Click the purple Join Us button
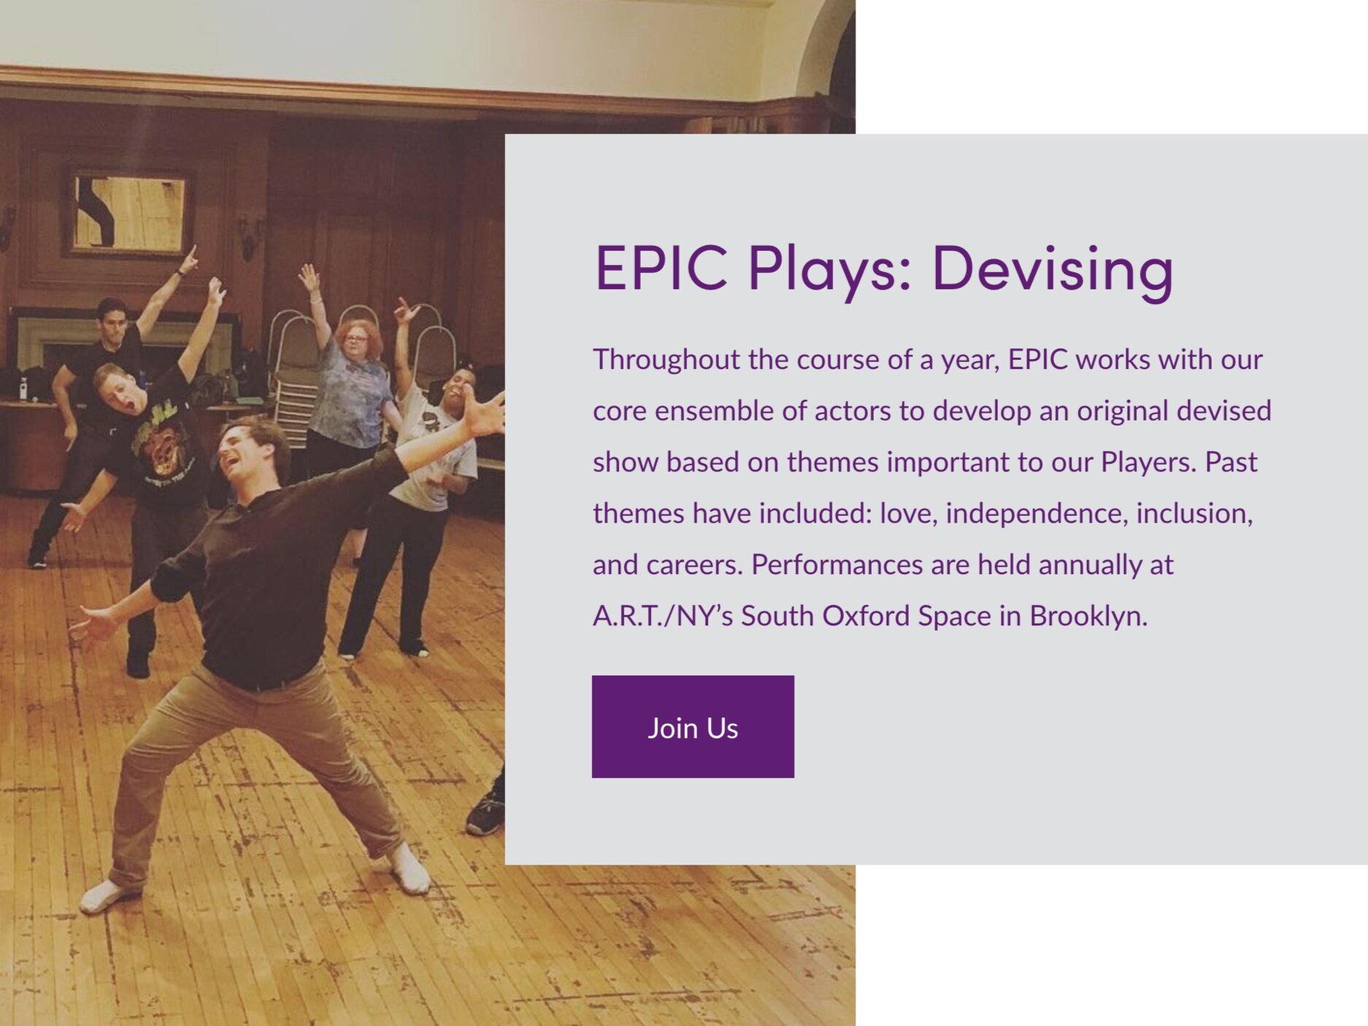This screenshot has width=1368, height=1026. click(693, 726)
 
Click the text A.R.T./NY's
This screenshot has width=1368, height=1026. click(663, 617)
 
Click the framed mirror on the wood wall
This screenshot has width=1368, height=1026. click(129, 212)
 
